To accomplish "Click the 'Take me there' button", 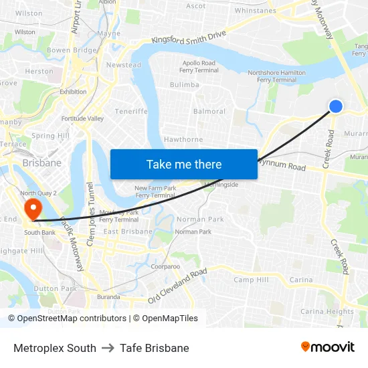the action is [x=184, y=164].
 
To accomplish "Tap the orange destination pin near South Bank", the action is [x=31, y=208].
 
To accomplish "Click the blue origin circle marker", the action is [x=336, y=106].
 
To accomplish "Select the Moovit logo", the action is [x=328, y=347].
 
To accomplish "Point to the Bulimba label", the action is [x=184, y=85].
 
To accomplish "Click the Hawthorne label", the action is [x=183, y=140].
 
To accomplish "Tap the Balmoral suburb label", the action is [x=209, y=111].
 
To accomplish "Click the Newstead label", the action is [x=124, y=65].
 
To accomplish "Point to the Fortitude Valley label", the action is [x=83, y=118].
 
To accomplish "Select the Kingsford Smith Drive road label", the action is [x=189, y=39].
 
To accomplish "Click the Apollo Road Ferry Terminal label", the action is [x=199, y=66].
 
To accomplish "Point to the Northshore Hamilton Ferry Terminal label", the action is [x=276, y=76].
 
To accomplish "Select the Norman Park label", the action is [x=200, y=219].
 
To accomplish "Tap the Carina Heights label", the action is [x=327, y=311].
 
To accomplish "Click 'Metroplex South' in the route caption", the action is [x=55, y=348].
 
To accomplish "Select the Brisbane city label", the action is [x=41, y=163].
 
